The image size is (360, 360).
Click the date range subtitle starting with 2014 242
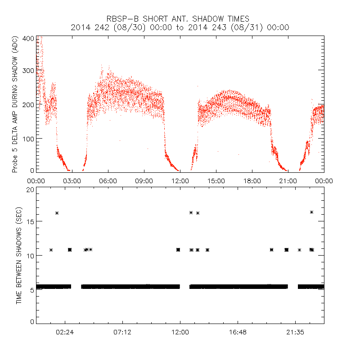point(180,27)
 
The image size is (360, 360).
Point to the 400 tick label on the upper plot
point(28,39)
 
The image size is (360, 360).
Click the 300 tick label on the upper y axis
point(28,72)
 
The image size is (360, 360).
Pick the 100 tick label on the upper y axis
point(28,138)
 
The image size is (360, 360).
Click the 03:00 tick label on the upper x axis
point(72,180)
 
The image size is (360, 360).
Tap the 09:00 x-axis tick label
point(144,180)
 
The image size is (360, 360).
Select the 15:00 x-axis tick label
point(216,180)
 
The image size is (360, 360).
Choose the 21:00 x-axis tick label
point(288,180)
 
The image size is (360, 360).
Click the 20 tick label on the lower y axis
point(31,190)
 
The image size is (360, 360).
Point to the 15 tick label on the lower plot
point(31,221)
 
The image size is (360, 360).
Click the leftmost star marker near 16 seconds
point(57,213)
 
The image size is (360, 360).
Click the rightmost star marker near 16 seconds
point(311,212)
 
